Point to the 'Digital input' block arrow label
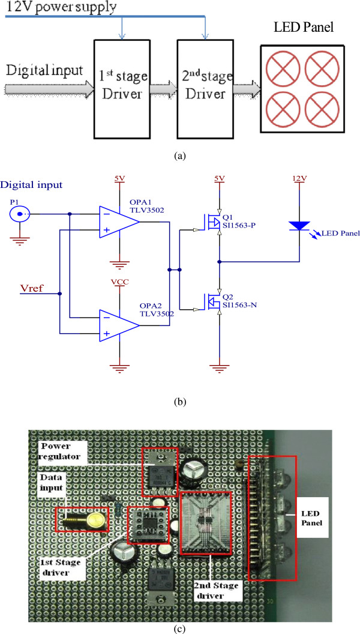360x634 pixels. click(44, 71)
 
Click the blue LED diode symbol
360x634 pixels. click(299, 225)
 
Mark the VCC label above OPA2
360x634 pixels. click(120, 281)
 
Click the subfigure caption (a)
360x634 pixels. click(179, 155)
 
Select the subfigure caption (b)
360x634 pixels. click(179, 402)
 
